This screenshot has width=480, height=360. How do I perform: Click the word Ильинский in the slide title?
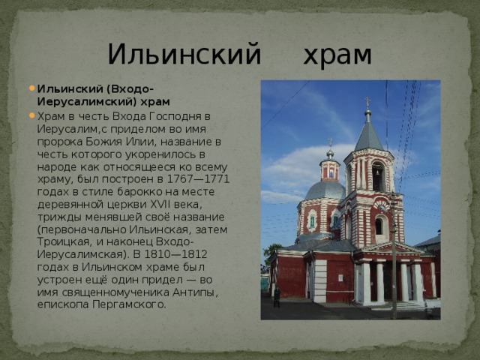(184, 55)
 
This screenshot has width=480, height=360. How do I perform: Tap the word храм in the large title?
(337, 55)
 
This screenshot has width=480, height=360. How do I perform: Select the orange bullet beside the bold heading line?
(31, 88)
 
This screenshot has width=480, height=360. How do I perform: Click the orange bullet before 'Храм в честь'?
(31, 115)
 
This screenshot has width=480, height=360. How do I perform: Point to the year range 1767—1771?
(198, 179)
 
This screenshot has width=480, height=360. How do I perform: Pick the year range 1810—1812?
(176, 254)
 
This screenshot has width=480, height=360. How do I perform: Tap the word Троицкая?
(64, 241)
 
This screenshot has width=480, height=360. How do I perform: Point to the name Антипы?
(195, 292)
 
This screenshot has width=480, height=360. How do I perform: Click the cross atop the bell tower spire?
(367, 102)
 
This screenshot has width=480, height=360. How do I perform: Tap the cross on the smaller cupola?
(330, 142)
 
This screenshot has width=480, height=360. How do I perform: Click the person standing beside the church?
(277, 297)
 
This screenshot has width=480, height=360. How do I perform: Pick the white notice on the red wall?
(340, 278)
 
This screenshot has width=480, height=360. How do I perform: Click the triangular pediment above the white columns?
(392, 247)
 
